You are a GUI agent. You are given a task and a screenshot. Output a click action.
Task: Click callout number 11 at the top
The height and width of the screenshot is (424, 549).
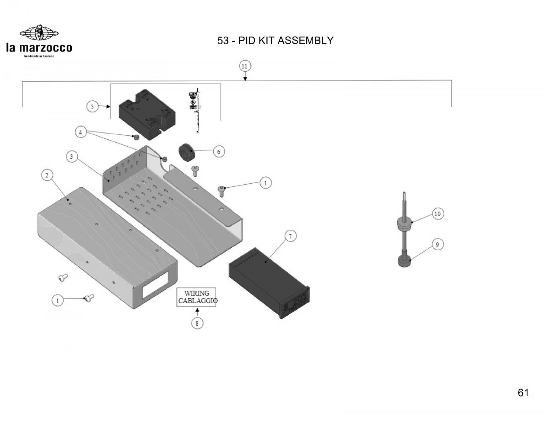click(x=244, y=66)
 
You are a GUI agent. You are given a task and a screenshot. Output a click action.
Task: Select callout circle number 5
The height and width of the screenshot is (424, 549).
click(x=92, y=107)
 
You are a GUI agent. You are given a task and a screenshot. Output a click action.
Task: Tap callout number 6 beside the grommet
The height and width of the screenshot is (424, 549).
click(x=219, y=151)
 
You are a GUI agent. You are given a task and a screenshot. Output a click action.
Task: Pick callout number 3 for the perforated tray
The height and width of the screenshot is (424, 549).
click(x=72, y=157)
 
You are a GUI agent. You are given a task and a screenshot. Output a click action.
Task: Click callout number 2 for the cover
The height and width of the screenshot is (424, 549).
click(x=47, y=176)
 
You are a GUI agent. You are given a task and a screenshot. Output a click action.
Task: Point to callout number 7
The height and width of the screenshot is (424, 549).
click(x=290, y=236)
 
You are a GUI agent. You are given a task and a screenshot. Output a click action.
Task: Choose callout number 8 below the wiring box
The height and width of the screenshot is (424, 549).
click(x=197, y=323)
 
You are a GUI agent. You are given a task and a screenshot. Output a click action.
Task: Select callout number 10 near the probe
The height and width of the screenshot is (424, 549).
click(x=437, y=214)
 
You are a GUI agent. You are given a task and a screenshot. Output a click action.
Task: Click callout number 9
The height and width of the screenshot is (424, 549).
click(x=438, y=244)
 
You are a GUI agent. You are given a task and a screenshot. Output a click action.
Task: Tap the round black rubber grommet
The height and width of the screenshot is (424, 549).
click(x=187, y=151)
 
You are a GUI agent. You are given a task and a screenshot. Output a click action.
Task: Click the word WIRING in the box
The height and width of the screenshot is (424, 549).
click(x=197, y=293)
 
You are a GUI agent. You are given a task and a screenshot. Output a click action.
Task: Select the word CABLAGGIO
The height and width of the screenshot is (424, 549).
click(x=198, y=301)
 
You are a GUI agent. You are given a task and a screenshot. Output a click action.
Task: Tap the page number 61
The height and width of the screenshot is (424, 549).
click(x=523, y=393)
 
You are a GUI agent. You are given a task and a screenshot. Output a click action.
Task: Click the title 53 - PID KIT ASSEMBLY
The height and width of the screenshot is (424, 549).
click(x=275, y=40)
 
